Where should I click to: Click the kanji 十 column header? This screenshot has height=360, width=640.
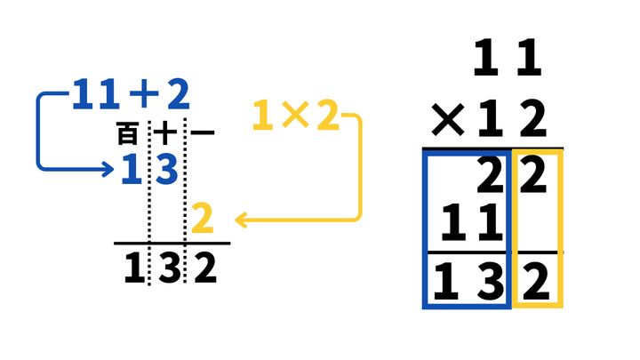166,134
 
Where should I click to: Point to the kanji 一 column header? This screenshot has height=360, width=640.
203,134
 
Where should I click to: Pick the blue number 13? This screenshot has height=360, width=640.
149,168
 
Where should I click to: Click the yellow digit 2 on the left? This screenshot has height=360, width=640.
203,219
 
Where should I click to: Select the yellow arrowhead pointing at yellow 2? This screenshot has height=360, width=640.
240,219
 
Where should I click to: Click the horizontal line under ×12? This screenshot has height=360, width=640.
492,148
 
